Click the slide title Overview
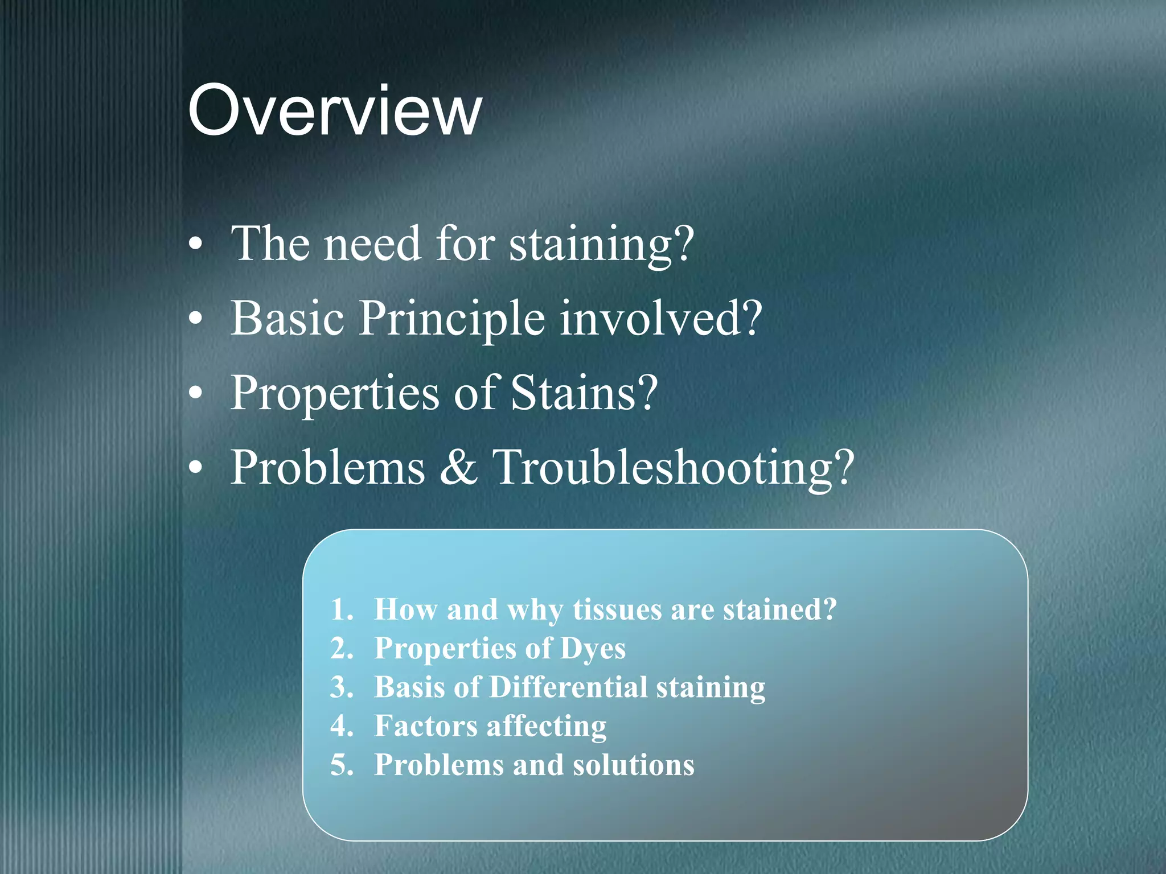click(x=335, y=110)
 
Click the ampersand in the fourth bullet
click(x=458, y=468)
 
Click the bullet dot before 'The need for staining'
click(x=195, y=245)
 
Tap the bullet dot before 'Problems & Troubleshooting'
click(x=195, y=468)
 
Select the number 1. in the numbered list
click(x=342, y=610)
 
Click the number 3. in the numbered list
click(x=342, y=687)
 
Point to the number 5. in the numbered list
click(x=342, y=765)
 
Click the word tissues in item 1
click(x=617, y=610)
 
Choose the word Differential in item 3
click(x=568, y=687)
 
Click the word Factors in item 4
click(x=426, y=727)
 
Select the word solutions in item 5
click(x=633, y=765)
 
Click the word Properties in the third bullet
click(x=335, y=394)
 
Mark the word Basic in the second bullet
click(x=288, y=319)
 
